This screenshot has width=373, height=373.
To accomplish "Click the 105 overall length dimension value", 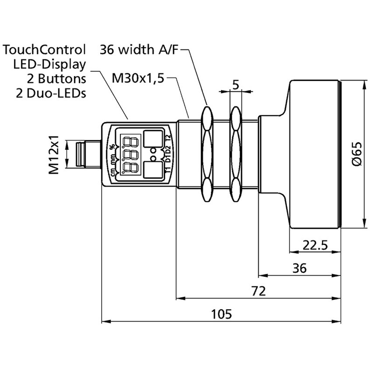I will coord(221,313).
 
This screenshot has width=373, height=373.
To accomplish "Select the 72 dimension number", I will coord(258,291).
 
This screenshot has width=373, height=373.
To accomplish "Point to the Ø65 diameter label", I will coord(356,154).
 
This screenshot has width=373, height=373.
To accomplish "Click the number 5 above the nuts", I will coord(235,85).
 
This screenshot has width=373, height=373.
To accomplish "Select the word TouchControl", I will coord(44,49).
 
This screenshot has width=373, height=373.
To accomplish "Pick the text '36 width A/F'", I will coord(139,49).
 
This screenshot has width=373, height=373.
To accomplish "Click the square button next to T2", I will coord(152,139).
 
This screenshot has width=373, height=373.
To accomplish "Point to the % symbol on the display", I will coord(112,147).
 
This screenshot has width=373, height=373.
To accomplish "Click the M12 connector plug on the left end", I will coord(84,154).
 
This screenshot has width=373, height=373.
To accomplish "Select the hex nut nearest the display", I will coord(206,154).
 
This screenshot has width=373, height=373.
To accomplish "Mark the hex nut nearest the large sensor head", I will coord(236,154).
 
